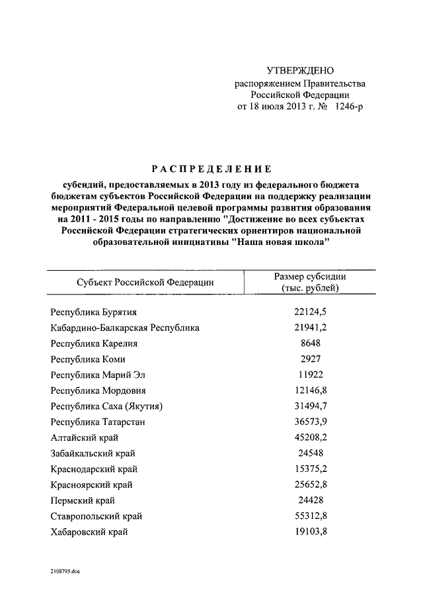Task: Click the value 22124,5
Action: pos(310,312)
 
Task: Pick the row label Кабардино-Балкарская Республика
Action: pos(125,328)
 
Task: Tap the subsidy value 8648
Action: pos(310,344)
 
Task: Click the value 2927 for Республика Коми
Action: pos(310,359)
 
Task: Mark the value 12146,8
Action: pos(310,391)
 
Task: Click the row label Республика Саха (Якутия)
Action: pos(106,406)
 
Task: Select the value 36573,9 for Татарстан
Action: pos(310,422)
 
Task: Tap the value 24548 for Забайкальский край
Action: pos(310,453)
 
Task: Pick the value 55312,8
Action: pos(310,516)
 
